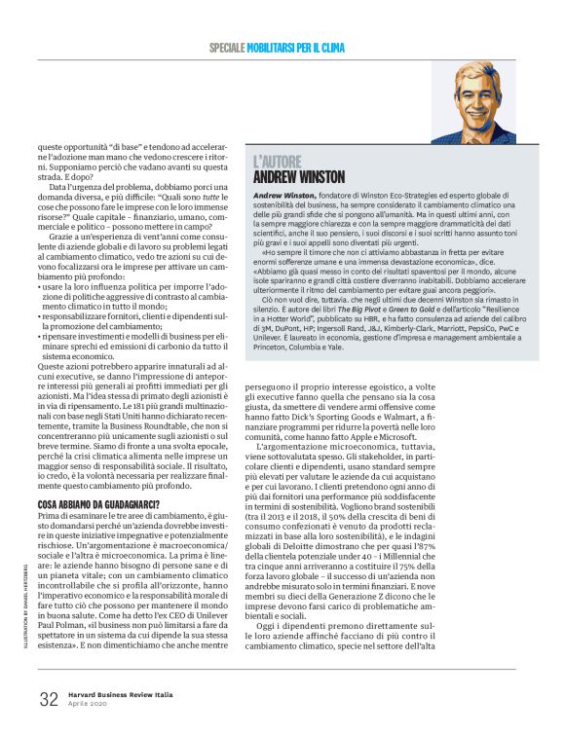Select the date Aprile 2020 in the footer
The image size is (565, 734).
pos(87,705)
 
